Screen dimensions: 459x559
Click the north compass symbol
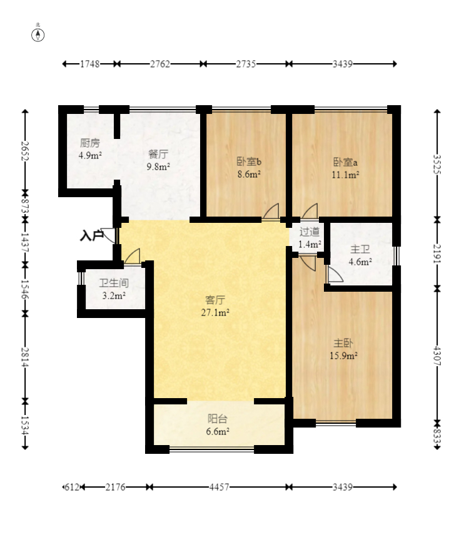(x=38, y=35)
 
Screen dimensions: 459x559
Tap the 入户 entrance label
(x=91, y=235)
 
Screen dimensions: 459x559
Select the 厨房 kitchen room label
(x=89, y=143)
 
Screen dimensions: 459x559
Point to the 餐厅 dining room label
(x=158, y=154)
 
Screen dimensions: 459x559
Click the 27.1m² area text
(x=215, y=312)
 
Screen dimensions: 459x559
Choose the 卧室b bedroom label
(x=249, y=162)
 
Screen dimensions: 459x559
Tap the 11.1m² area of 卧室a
(x=345, y=175)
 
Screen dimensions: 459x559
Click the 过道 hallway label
(x=309, y=232)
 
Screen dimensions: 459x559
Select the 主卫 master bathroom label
(x=360, y=249)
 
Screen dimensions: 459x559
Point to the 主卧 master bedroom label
(x=343, y=343)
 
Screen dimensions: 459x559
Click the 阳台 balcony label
(x=217, y=419)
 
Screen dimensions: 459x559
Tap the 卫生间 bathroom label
(x=114, y=283)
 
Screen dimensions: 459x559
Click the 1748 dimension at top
(x=89, y=64)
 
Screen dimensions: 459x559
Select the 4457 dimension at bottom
(x=219, y=487)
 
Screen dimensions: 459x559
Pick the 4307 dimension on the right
(x=437, y=356)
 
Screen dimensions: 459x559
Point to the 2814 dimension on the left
(x=24, y=357)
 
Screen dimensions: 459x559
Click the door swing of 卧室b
(x=271, y=211)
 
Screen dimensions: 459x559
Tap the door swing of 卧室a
(x=310, y=211)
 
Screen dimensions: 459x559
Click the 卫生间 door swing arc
(x=132, y=256)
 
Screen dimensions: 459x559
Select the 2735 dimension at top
(x=246, y=64)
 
